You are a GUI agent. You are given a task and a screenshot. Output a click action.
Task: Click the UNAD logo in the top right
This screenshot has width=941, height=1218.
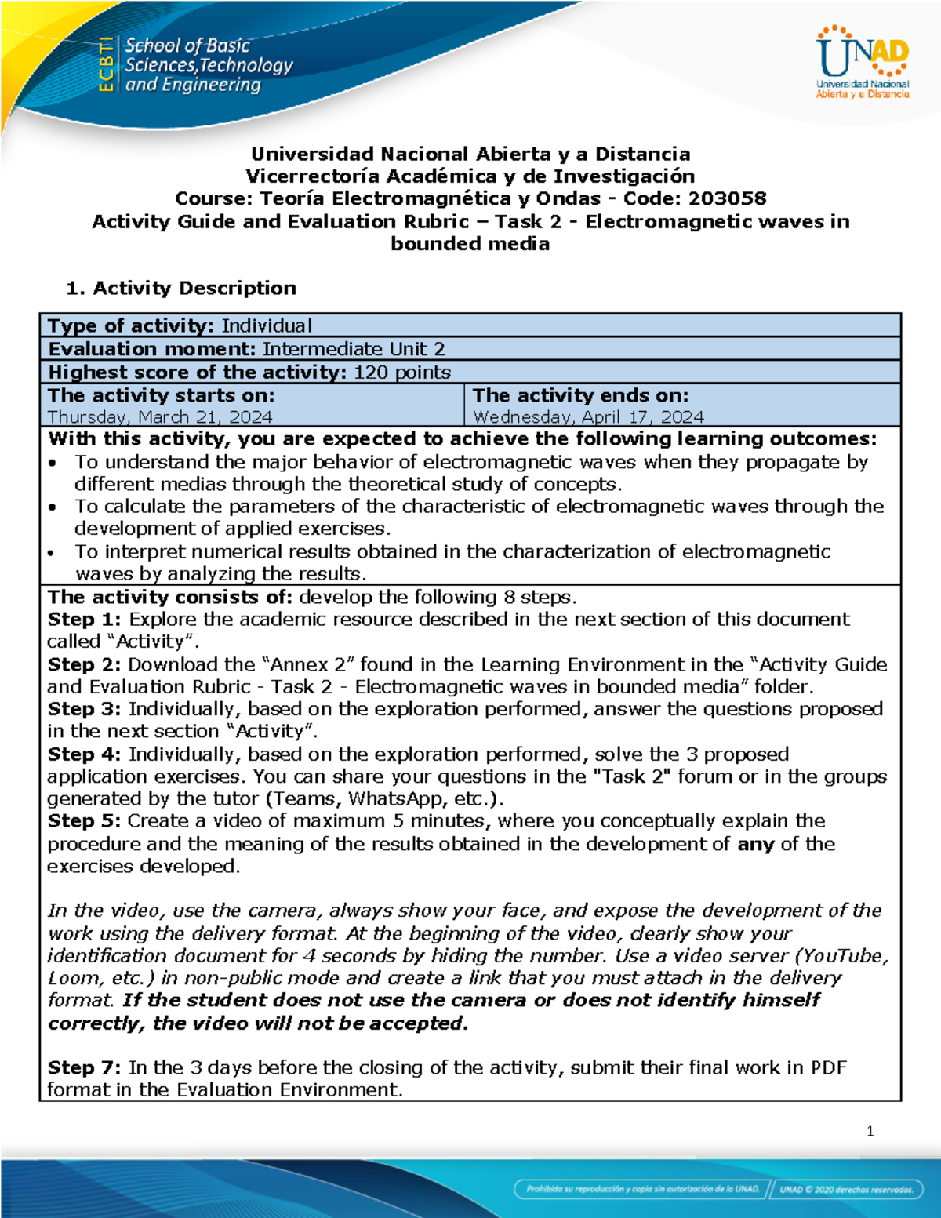pyautogui.click(x=863, y=63)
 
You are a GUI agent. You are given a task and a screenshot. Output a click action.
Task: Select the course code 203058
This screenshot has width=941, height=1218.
pyautogui.click(x=727, y=198)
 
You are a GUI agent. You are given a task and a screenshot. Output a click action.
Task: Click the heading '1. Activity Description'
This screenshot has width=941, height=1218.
pyautogui.click(x=181, y=288)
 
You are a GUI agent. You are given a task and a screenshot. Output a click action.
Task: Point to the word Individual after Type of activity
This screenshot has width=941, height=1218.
pyautogui.click(x=267, y=325)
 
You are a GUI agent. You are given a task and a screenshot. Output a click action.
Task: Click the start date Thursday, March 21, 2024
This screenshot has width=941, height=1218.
pyautogui.click(x=160, y=416)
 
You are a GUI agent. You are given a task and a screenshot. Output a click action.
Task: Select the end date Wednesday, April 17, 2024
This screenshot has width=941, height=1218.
pyautogui.click(x=588, y=416)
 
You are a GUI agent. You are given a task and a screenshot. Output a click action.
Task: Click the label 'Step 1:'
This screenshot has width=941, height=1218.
pyautogui.click(x=84, y=619)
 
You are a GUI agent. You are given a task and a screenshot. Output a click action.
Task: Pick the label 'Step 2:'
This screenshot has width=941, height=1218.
pyautogui.click(x=84, y=664)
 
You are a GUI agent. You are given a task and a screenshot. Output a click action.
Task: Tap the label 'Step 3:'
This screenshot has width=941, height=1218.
pyautogui.click(x=84, y=709)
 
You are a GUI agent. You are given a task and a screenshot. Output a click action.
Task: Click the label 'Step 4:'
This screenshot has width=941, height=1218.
pyautogui.click(x=84, y=754)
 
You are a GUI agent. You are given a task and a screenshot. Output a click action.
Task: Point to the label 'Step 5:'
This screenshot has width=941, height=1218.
pyautogui.click(x=84, y=821)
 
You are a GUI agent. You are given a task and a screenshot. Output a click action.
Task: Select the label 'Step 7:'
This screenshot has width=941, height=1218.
pyautogui.click(x=84, y=1067)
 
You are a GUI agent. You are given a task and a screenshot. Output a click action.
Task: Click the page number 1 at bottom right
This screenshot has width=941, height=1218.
pyautogui.click(x=870, y=1131)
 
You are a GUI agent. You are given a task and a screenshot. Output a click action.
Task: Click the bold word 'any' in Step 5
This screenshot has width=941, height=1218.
pyautogui.click(x=755, y=844)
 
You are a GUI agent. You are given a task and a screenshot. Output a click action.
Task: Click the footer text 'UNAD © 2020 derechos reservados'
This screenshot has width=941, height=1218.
pyautogui.click(x=846, y=1189)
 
